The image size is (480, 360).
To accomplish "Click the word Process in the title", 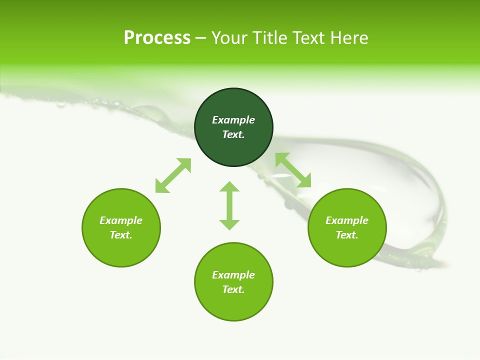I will [x=157, y=38].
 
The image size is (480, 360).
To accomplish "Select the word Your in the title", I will [x=230, y=38].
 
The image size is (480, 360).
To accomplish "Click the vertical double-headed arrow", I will [x=229, y=205].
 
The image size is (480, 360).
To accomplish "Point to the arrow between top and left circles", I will [x=173, y=175].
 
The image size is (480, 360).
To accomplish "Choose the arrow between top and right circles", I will [x=293, y=170].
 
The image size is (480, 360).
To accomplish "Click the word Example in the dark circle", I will [x=233, y=120].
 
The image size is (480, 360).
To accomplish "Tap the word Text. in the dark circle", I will [x=233, y=134].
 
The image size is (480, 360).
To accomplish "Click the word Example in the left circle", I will [x=121, y=220].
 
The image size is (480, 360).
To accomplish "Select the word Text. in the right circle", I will [x=347, y=235].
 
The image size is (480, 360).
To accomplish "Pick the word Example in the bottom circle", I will [x=233, y=275].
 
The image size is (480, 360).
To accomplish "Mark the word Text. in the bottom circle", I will [x=233, y=289].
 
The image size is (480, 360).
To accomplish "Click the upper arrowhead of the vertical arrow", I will [x=229, y=187].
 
